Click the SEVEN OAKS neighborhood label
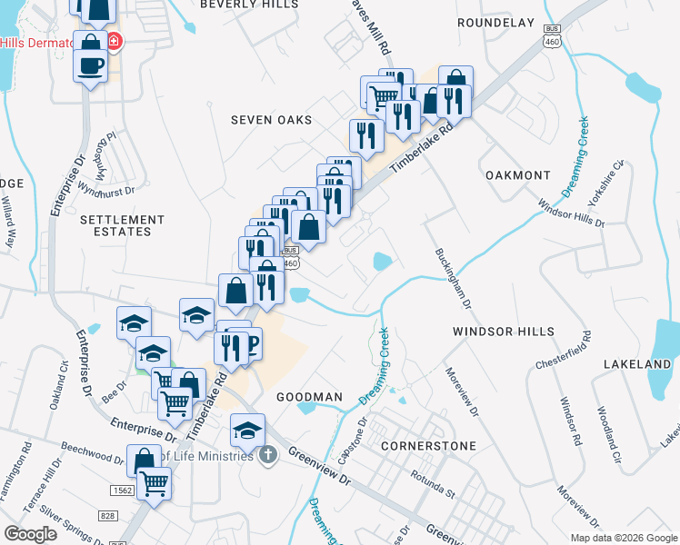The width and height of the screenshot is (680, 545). (271, 120)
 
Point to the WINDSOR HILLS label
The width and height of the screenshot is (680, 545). (504, 332)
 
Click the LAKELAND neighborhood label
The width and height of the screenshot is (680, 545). (637, 364)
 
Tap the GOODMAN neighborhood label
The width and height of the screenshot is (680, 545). (310, 397)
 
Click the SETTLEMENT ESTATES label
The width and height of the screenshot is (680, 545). (122, 225)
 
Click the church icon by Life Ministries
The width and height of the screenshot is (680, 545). (267, 453)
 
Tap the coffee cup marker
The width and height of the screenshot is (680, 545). (91, 66)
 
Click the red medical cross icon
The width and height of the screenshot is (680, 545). (115, 43)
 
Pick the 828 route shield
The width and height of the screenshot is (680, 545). (110, 516)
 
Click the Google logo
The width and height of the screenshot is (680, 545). (30, 534)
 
